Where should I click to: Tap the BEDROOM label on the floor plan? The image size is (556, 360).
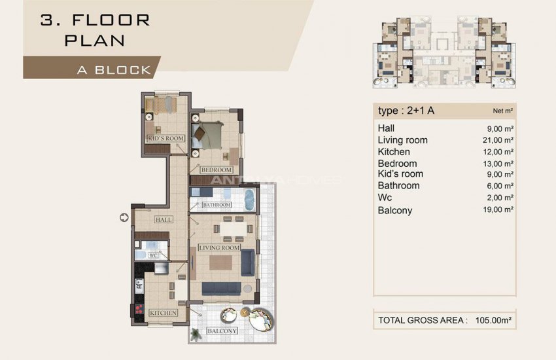click(x=217, y=170)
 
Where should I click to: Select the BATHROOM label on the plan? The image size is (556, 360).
click(x=217, y=205)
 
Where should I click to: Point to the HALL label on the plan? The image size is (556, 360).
click(x=164, y=220)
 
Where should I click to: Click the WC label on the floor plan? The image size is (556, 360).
click(x=154, y=255)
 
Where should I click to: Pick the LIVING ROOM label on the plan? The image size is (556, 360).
click(x=219, y=248)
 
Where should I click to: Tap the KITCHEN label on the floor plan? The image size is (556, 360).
click(x=163, y=313)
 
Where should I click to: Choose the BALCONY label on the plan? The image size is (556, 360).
click(x=221, y=331)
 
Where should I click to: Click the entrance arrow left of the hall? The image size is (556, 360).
click(x=124, y=217)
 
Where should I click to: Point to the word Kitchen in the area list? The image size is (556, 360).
click(x=394, y=152)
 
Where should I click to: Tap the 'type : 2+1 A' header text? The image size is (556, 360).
click(x=406, y=110)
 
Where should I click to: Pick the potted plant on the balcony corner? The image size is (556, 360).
click(x=196, y=334)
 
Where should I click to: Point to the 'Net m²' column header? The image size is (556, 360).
click(x=502, y=111)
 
